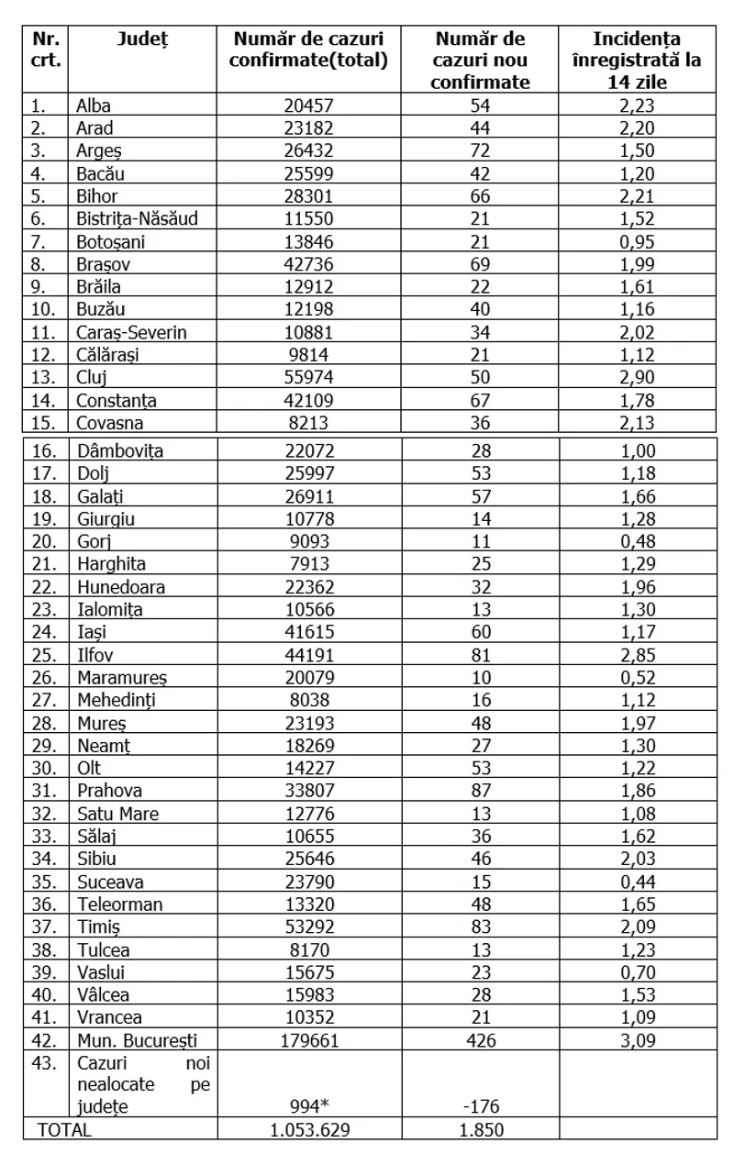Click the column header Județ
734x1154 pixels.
[143, 39]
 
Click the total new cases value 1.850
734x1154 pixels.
[481, 1129]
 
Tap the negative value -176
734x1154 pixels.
[481, 1106]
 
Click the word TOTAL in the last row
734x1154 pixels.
[64, 1129]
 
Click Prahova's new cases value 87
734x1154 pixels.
[481, 790]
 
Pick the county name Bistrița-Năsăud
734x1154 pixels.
[138, 218]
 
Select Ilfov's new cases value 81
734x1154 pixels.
[481, 655]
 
